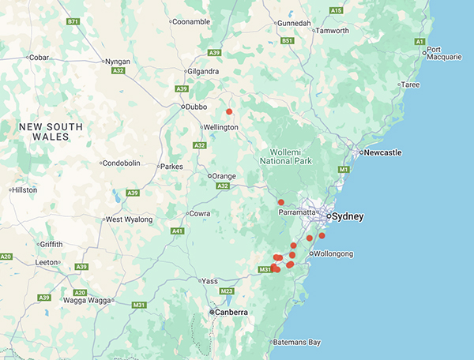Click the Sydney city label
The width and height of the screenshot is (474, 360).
(348, 216)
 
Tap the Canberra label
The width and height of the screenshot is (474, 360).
(229, 313)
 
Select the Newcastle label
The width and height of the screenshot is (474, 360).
(382, 152)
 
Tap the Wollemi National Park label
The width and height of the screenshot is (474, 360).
(286, 153)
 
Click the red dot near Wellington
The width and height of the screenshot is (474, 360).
(229, 112)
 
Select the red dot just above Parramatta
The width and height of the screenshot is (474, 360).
(280, 203)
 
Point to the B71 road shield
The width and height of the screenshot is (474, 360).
(73, 22)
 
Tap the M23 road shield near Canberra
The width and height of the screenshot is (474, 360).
(227, 291)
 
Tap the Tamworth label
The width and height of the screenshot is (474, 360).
(332, 31)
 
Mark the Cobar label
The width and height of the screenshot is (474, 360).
(39, 57)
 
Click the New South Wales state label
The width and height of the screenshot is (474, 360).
(51, 131)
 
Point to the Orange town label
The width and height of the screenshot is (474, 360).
(223, 175)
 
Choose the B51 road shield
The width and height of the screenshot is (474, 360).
(287, 41)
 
